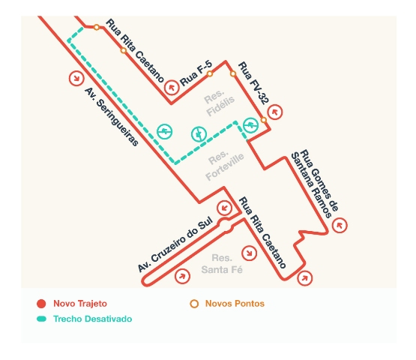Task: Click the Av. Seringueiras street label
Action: tap(112, 117)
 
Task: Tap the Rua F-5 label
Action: tap(196, 73)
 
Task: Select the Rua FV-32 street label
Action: tap(253, 82)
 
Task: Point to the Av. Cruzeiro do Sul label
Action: tap(175, 244)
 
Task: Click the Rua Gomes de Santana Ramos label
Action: tap(315, 184)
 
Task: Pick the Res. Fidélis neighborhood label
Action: tap(219, 103)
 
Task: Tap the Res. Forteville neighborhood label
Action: tap(224, 166)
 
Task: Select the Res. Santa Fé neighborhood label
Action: tap(222, 264)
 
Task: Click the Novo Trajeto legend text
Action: tap(80, 304)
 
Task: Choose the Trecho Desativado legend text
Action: tap(93, 319)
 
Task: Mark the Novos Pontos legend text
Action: tap(235, 304)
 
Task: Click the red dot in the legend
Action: tap(41, 304)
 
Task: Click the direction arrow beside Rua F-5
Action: tap(172, 87)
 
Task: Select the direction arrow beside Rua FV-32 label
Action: tap(275, 112)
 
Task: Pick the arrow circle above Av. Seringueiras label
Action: tap(76, 78)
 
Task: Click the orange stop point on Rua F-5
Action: tap(210, 73)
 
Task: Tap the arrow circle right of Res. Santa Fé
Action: tap(249, 253)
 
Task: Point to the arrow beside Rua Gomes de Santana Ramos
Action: tap(340, 225)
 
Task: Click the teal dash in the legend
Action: tap(41, 319)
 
